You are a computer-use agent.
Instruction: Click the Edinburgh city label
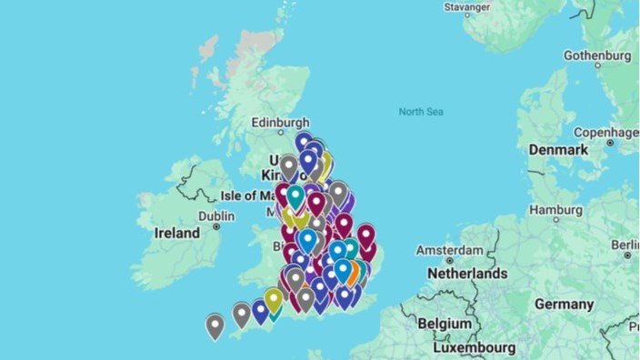[x=281, y=123]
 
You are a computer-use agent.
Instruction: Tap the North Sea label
[x=420, y=112]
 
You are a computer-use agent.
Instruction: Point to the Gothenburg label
[x=596, y=55]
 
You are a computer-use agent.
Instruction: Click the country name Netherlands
[x=467, y=273]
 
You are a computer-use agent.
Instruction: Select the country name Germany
[x=563, y=303]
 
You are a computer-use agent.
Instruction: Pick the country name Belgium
[x=445, y=323]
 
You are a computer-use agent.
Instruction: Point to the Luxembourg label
[x=473, y=347]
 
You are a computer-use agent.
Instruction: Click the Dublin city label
[x=216, y=216]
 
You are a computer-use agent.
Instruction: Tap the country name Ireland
[x=176, y=233]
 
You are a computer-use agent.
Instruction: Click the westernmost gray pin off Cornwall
[x=215, y=325]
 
